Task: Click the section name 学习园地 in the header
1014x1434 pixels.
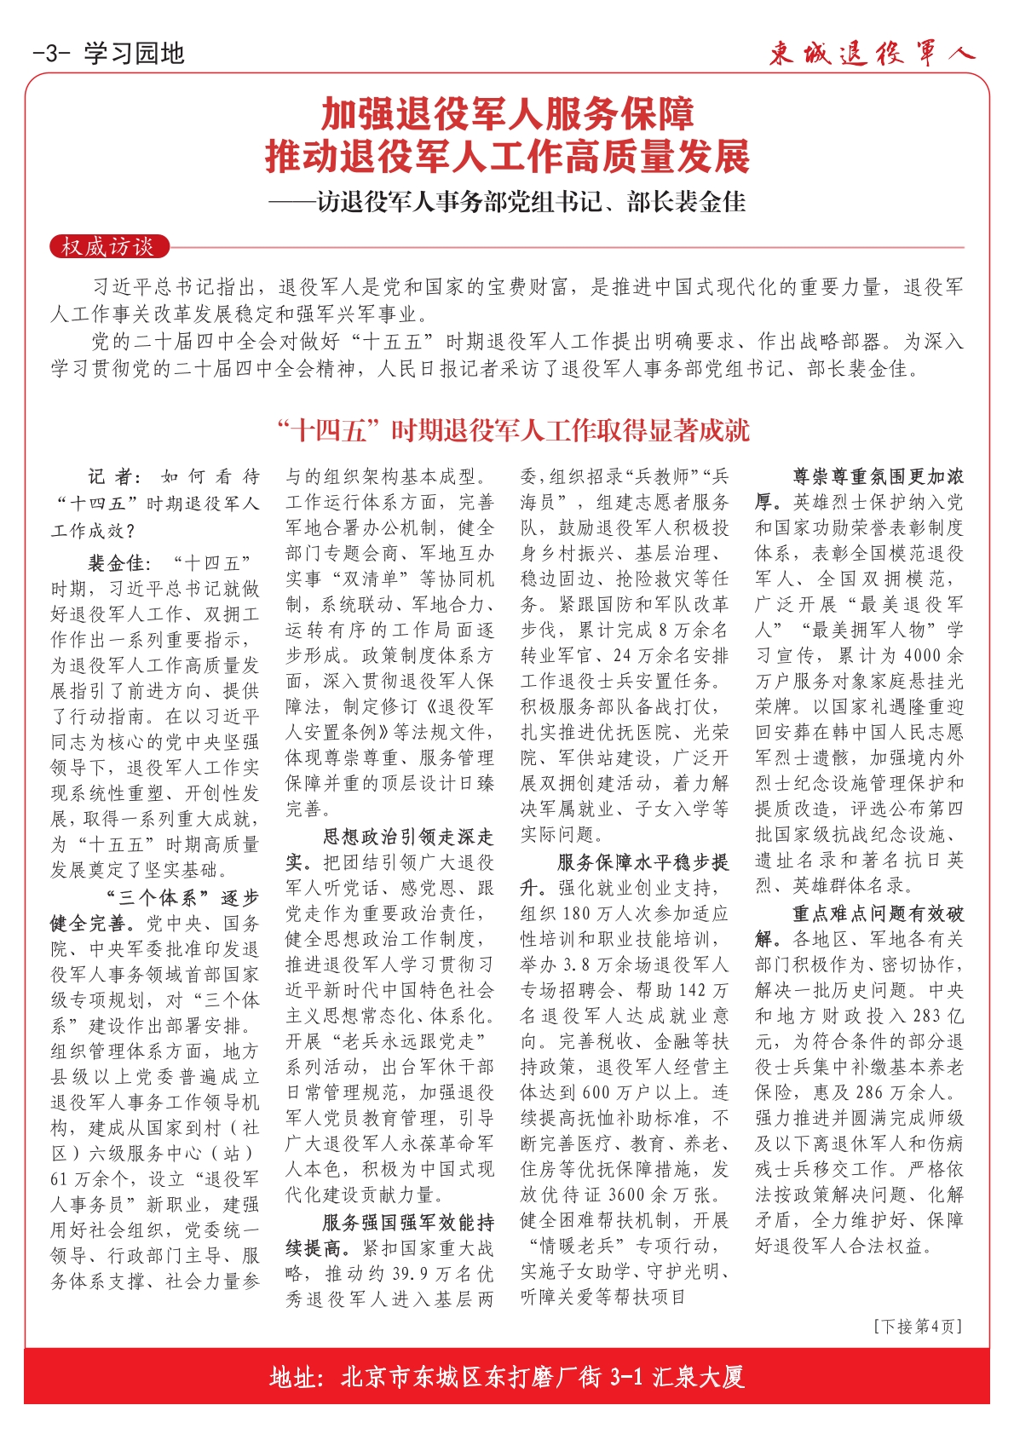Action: (135, 54)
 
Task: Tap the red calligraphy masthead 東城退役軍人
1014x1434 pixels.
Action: (871, 54)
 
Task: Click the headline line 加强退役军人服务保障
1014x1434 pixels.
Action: (507, 114)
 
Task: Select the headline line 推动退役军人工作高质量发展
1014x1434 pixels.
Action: (507, 157)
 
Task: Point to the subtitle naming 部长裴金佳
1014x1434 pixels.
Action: (507, 202)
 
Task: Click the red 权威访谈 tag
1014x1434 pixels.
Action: (107, 247)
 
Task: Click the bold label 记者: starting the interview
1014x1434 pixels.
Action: (117, 477)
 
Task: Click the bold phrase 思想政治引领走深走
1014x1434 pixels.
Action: (408, 837)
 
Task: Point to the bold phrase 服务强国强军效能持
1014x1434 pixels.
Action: (408, 1223)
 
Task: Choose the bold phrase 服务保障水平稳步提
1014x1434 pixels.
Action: (643, 862)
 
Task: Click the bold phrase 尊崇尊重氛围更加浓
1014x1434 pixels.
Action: (879, 477)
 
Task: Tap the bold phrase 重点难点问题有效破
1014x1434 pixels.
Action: (879, 913)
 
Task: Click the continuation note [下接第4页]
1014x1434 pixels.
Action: (918, 1327)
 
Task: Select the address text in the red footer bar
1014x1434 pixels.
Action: (507, 1377)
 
